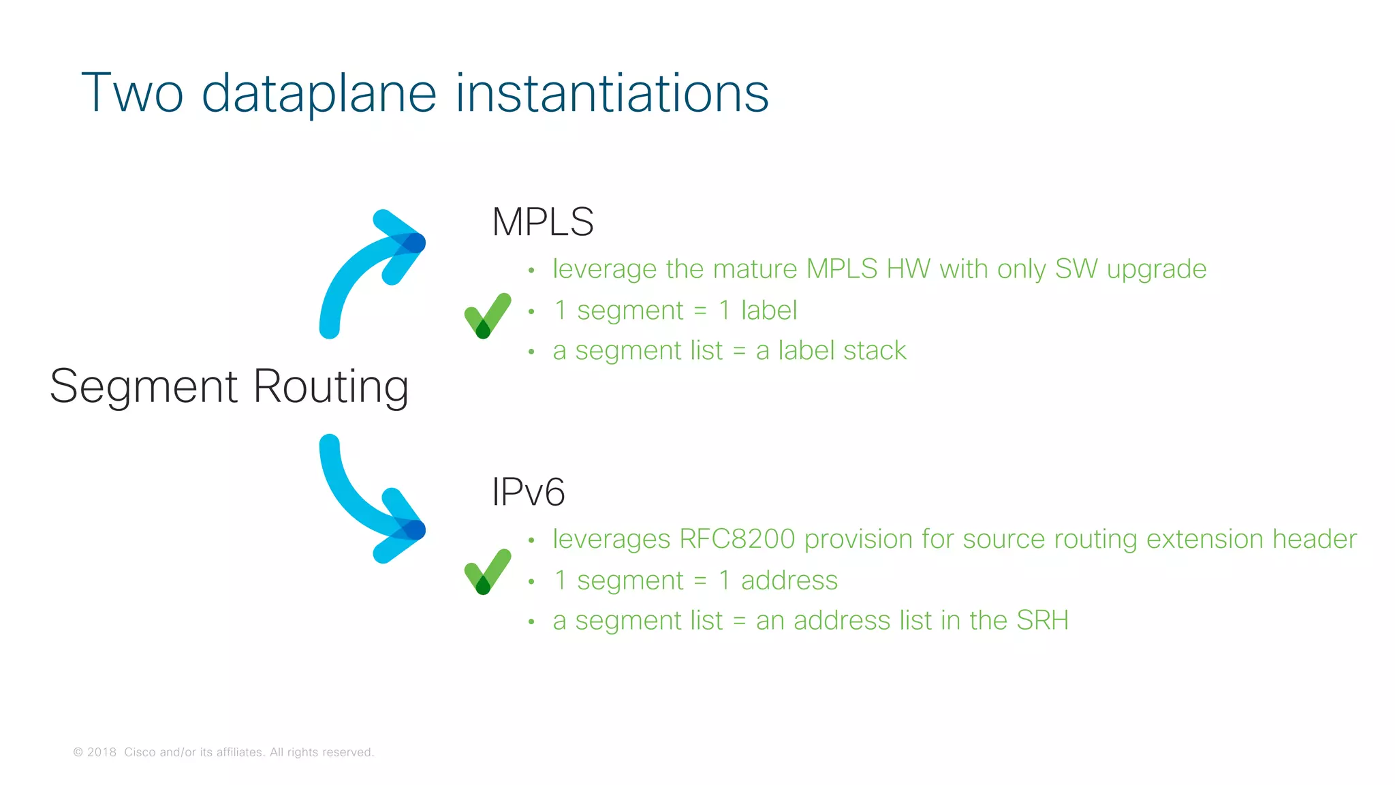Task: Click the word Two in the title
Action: pos(132,93)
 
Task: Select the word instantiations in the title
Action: pos(612,93)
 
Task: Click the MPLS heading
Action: pos(542,222)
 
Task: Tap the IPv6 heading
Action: pos(528,492)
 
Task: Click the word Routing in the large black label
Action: pos(331,387)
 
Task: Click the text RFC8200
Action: pos(737,539)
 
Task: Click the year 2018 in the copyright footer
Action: pos(101,752)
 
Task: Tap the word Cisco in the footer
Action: pos(140,752)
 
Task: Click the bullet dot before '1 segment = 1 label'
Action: pos(531,312)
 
